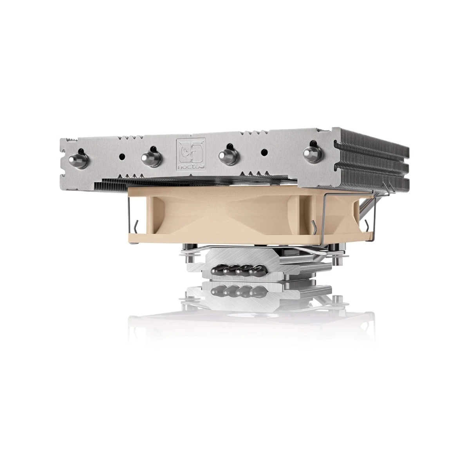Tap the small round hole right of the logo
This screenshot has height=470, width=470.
264,151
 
